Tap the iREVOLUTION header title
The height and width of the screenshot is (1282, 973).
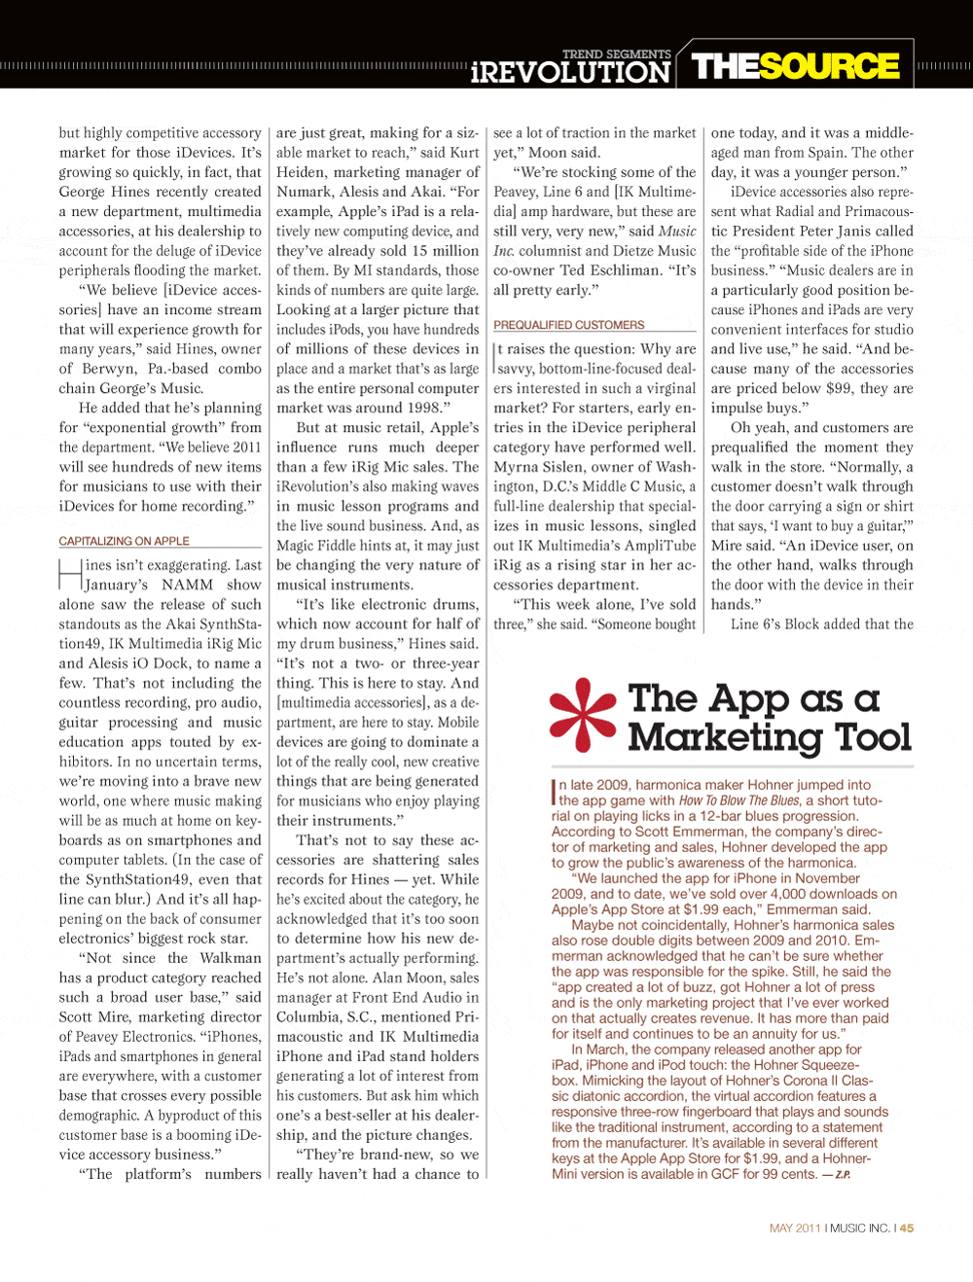tap(570, 72)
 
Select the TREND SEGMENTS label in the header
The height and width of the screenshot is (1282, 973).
tap(616, 54)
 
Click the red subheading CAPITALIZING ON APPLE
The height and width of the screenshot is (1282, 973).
tap(124, 541)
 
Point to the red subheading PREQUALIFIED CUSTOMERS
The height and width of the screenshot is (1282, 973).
tap(568, 325)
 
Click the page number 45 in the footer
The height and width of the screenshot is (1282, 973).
tap(907, 1229)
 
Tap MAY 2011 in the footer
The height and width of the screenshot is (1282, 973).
tap(795, 1229)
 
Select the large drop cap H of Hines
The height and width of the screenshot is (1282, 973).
tap(70, 575)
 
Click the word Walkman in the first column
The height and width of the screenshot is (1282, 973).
tap(231, 958)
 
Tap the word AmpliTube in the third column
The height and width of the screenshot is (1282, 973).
tap(662, 546)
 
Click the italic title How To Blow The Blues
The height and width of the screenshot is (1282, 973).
tap(739, 801)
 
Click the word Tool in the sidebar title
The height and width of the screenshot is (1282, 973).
tap(874, 738)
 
